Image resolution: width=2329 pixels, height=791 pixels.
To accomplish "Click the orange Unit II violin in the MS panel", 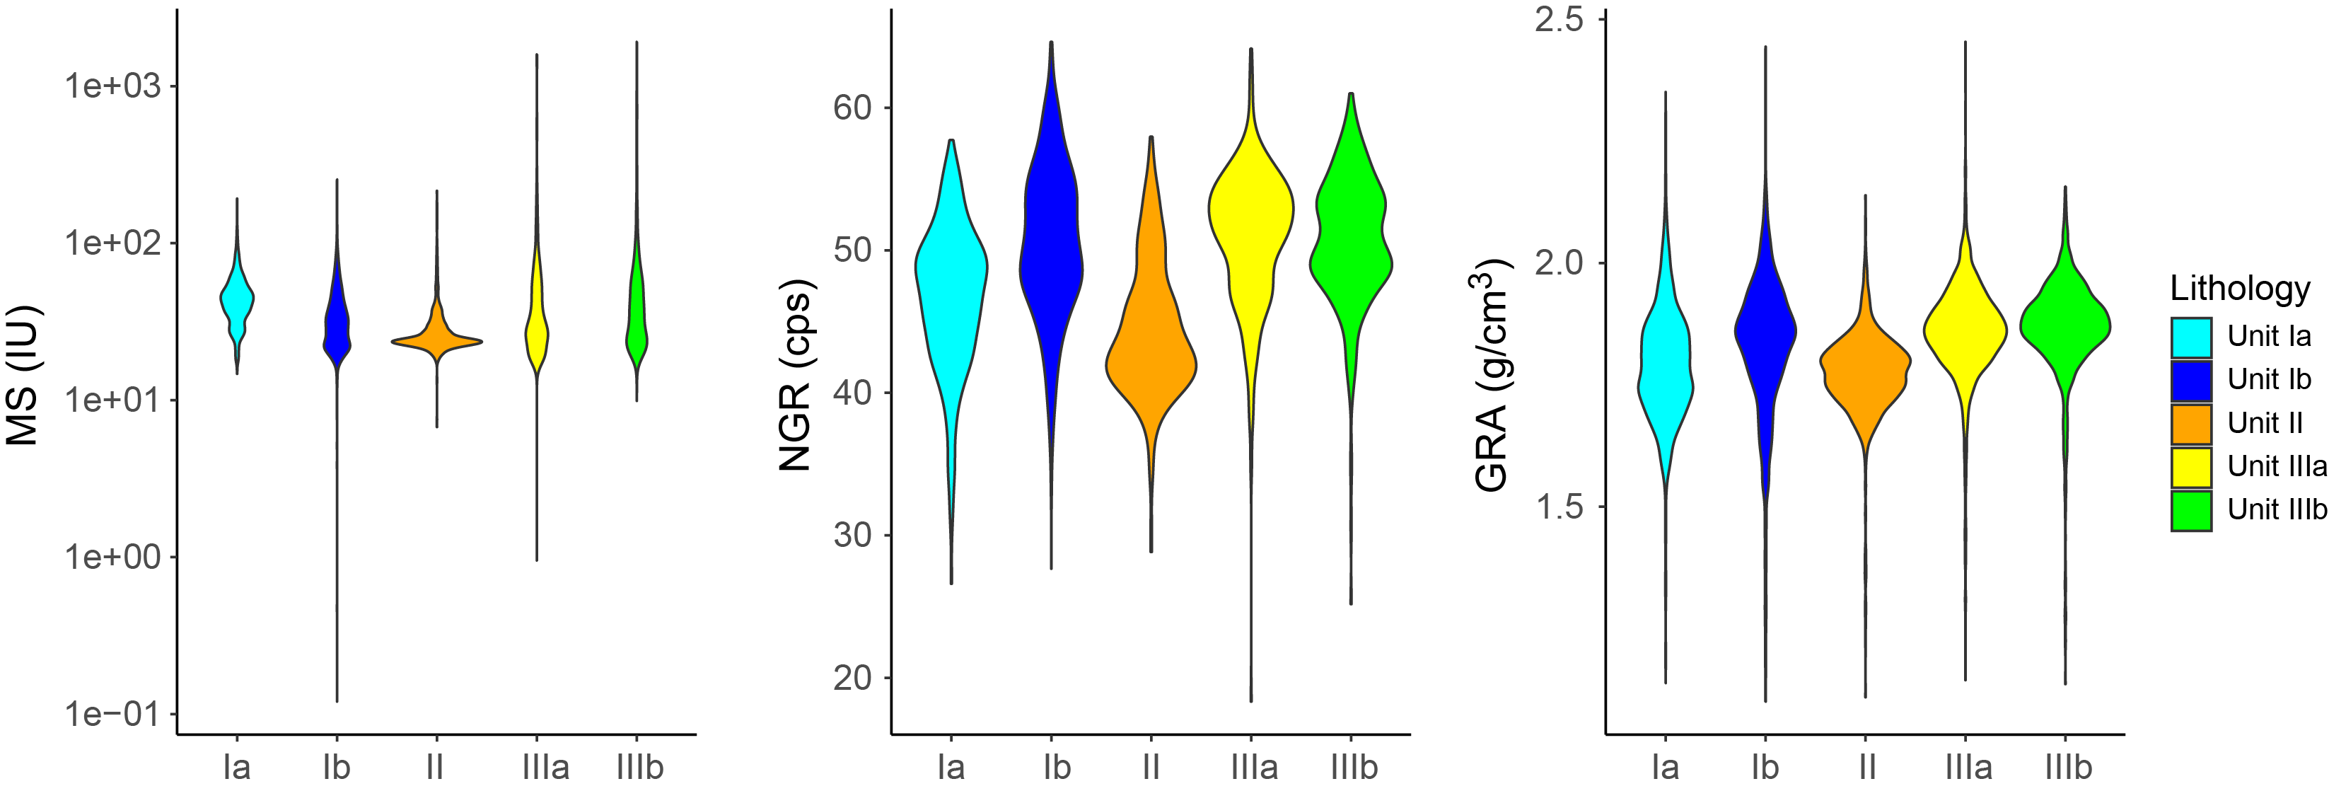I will coord(436,341).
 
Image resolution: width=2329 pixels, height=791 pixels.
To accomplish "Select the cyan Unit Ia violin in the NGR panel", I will coord(951,271).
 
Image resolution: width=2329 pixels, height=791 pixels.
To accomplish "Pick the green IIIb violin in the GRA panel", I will coord(2065,325).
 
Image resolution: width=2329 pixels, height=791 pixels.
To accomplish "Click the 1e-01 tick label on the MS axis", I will coord(112,714).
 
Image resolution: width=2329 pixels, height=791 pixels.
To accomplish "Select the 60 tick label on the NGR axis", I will coord(852,108).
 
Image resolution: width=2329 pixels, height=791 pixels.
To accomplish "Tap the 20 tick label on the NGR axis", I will coord(852,677).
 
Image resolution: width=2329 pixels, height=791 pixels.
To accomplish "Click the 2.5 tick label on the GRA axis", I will coord(1560,19).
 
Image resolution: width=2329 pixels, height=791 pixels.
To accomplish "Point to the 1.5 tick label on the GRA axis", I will coord(1560,507).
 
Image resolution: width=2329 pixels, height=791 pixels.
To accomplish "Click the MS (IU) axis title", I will coord(23,375).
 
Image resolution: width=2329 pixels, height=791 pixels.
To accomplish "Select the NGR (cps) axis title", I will coord(796,375).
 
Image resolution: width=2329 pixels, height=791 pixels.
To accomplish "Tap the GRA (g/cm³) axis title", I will coord(1492,375).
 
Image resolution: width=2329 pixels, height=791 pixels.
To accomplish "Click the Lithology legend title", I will coord(2239,289).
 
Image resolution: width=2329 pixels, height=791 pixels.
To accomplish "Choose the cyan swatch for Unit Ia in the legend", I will coord(2190,337).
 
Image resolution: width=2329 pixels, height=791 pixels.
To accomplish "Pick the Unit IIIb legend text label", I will coord(2277,510).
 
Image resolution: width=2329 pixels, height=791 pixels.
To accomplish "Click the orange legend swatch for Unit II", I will coord(2190,423).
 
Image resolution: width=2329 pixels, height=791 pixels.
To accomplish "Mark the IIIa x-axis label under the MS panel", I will coord(545,768).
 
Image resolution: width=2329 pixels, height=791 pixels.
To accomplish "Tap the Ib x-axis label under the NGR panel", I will coord(1057,768).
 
